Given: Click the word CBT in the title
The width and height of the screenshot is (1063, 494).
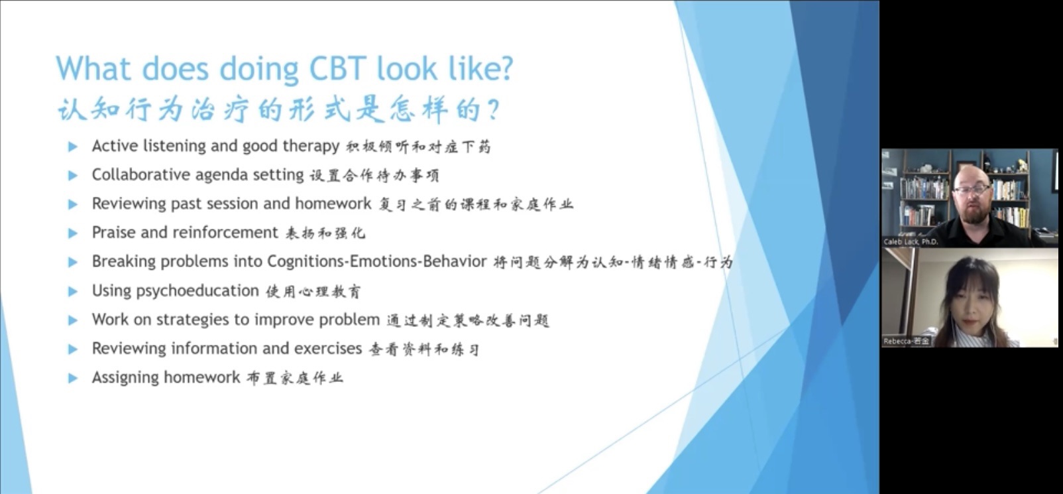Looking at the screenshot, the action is pyautogui.click(x=337, y=69).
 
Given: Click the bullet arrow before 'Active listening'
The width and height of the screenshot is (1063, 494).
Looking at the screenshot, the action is pyautogui.click(x=73, y=147).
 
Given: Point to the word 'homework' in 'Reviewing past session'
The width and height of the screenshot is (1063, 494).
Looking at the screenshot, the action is pyautogui.click(x=333, y=204).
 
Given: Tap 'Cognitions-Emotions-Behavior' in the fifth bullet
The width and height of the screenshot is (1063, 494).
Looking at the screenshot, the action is pyautogui.click(x=377, y=262).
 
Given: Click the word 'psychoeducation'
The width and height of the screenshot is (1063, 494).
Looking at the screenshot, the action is pyautogui.click(x=197, y=290).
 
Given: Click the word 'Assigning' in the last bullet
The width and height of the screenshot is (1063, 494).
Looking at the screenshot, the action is pyautogui.click(x=125, y=377).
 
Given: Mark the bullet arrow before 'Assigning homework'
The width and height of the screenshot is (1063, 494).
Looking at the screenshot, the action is pyautogui.click(x=73, y=378).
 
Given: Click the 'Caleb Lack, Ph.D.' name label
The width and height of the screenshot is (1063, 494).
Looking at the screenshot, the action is pyautogui.click(x=911, y=242).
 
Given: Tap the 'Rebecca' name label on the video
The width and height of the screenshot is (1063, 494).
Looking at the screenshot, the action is pyautogui.click(x=906, y=341).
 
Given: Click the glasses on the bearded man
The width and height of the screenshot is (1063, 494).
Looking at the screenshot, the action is pyautogui.click(x=972, y=190).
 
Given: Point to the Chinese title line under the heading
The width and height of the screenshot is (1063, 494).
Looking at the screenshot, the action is pyautogui.click(x=279, y=110).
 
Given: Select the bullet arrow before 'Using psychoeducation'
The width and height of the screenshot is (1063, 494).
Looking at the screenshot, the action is pyautogui.click(x=73, y=291).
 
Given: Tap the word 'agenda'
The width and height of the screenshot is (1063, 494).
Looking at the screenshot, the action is pyautogui.click(x=221, y=175).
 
